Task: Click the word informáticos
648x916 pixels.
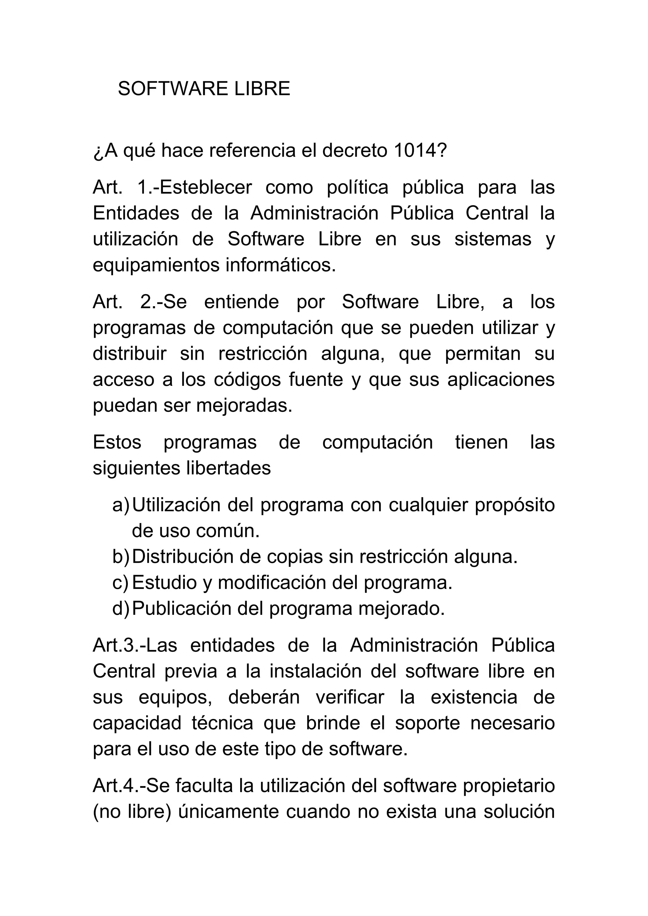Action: click(281, 265)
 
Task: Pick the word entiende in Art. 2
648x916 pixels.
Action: click(241, 302)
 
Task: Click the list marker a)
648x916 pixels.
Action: click(121, 505)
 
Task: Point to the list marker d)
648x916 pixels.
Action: click(121, 609)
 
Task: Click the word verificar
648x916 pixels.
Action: click(350, 697)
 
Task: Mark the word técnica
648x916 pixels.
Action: click(222, 723)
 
